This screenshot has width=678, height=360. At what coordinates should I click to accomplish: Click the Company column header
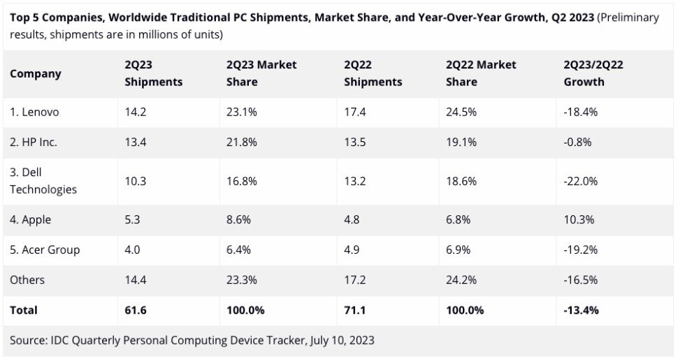(36, 73)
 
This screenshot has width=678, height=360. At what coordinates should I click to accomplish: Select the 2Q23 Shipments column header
(153, 73)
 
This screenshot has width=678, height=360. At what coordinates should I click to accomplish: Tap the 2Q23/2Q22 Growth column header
(593, 73)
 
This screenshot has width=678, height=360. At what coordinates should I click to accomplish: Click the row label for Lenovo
(34, 112)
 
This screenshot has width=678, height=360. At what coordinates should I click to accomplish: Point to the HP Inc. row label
(34, 142)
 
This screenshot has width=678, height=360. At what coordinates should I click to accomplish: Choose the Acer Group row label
(45, 250)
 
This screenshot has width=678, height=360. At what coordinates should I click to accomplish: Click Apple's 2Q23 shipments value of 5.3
(132, 219)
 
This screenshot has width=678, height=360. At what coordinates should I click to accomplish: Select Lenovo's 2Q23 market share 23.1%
(242, 112)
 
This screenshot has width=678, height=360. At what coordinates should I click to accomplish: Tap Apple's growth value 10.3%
(579, 219)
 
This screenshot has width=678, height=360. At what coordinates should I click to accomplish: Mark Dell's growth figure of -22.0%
(581, 180)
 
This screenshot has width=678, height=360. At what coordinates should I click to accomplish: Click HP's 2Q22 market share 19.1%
(461, 142)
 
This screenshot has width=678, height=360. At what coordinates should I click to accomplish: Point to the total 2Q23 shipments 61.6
(136, 310)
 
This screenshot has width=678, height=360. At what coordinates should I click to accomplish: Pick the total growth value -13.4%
(582, 310)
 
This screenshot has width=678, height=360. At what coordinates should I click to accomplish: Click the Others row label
(27, 280)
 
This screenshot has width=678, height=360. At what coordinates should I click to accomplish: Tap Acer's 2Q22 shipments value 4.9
(352, 250)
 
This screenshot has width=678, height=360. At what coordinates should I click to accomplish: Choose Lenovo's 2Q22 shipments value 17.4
(354, 112)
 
